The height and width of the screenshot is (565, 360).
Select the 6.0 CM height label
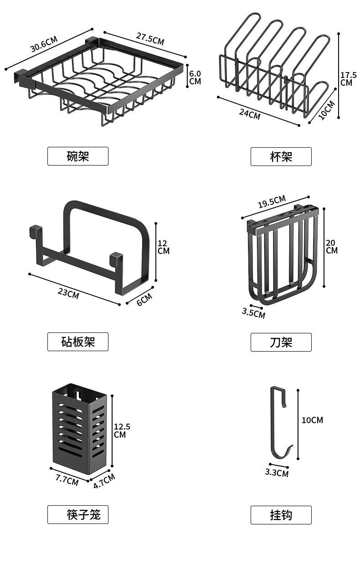point(195,77)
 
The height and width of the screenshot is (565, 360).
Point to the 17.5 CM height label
point(349,78)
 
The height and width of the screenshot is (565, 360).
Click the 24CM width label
point(250,114)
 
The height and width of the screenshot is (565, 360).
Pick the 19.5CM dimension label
point(272,202)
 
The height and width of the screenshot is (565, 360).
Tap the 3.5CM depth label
point(253,313)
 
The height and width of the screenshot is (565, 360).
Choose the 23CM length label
point(68,293)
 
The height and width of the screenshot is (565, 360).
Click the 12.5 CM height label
point(122,430)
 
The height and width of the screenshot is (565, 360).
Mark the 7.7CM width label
point(67,479)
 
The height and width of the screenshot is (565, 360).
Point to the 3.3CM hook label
point(277,472)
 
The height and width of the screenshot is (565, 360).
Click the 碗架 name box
point(78,156)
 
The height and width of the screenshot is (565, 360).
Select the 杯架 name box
point(281,157)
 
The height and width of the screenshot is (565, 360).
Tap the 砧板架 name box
point(78,342)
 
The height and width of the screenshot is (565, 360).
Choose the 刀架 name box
point(281,342)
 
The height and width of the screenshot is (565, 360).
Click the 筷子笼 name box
point(78,515)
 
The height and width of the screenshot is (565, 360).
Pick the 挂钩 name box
point(281,515)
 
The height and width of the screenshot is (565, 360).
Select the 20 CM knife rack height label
point(332,247)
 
